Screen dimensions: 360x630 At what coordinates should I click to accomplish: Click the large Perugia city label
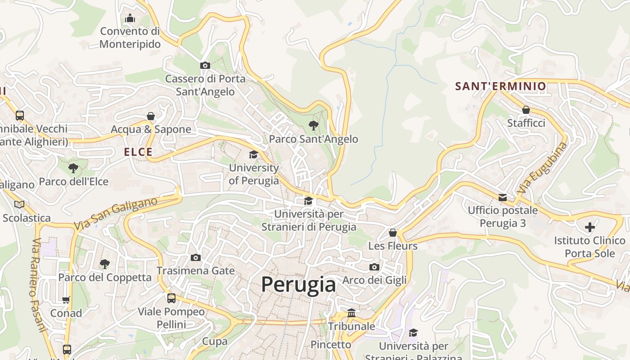tap(298, 284)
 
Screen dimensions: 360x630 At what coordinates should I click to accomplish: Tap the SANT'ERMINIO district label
tap(500, 86)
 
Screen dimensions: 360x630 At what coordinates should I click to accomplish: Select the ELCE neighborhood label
tap(138, 152)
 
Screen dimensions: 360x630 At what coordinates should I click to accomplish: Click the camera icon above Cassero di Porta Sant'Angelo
tap(205, 65)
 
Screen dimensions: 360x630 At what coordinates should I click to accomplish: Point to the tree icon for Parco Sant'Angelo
tap(314, 126)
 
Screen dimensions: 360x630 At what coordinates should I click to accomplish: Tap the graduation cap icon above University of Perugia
tap(254, 155)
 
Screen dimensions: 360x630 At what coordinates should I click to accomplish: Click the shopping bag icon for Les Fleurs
tap(393, 233)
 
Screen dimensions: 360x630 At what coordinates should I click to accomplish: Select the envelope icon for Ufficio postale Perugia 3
tap(503, 197)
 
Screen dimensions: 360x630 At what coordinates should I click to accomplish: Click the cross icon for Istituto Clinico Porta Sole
tap(590, 227)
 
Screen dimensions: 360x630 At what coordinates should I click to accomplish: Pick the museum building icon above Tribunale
tap(351, 313)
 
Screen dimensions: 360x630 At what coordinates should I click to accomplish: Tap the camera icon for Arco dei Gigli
tap(374, 267)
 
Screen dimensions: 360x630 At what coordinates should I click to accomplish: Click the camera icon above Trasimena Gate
tap(196, 257)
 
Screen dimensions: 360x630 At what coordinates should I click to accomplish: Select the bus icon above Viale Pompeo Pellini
tap(171, 298)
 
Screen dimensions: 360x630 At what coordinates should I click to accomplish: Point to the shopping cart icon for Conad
tap(66, 300)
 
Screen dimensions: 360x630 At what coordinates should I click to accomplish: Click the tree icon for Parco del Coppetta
tap(105, 264)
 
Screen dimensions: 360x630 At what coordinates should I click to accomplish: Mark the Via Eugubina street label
tap(542, 168)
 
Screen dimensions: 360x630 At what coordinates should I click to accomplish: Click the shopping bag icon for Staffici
tap(526, 110)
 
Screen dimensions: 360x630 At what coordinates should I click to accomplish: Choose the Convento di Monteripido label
tap(130, 38)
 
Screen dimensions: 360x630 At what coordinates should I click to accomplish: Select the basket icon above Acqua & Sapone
tap(151, 116)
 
